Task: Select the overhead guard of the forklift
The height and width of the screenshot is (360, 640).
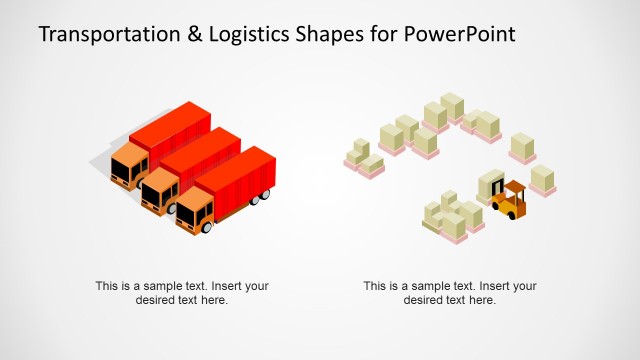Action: pyautogui.click(x=514, y=186)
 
